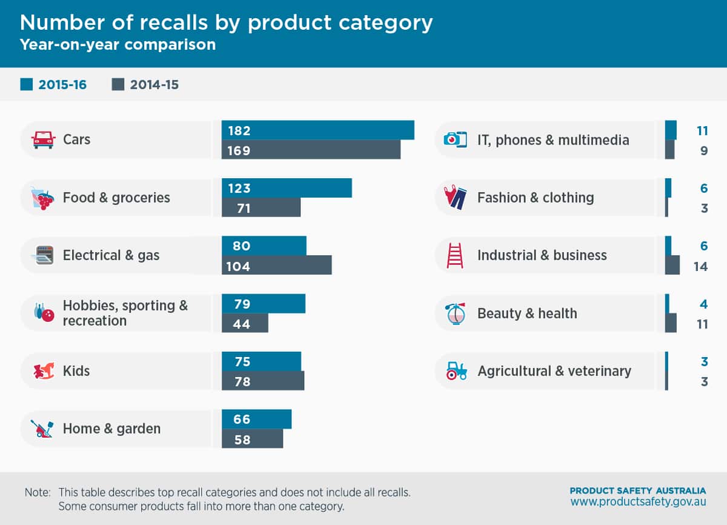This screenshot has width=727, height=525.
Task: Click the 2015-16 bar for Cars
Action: pyautogui.click(x=317, y=130)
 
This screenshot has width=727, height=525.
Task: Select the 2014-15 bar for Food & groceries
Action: pyautogui.click(x=261, y=208)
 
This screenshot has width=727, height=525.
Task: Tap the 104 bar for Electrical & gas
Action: pyautogui.click(x=276, y=266)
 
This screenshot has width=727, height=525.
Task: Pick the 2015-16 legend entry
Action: pyautogui.click(x=53, y=85)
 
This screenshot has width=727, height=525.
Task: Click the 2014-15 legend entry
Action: pyautogui.click(x=145, y=85)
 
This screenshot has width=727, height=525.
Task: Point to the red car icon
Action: pyautogui.click(x=43, y=139)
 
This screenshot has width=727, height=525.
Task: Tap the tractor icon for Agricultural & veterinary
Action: pyautogui.click(x=456, y=370)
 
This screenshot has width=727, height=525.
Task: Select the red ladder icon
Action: pyautogui.click(x=455, y=255)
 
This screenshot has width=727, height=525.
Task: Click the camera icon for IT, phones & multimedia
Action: pyautogui.click(x=455, y=139)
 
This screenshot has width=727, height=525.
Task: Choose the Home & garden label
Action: pyautogui.click(x=111, y=429)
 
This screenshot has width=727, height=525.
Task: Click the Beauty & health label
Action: pyautogui.click(x=527, y=313)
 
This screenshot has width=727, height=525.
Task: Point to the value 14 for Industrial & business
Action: pyautogui.click(x=700, y=266)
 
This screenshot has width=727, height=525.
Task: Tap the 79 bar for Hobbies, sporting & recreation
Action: pyautogui.click(x=264, y=304)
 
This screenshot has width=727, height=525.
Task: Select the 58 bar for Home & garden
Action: pyautogui.click(x=252, y=439)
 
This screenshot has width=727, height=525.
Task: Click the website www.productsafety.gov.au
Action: pyautogui.click(x=638, y=503)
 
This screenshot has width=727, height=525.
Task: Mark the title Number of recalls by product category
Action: pyautogui.click(x=226, y=22)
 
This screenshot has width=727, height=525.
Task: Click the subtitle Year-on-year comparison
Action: pyautogui.click(x=118, y=45)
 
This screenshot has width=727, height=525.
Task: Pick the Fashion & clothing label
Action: pyautogui.click(x=536, y=198)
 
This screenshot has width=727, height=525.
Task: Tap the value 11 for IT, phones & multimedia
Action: pyautogui.click(x=702, y=130)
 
